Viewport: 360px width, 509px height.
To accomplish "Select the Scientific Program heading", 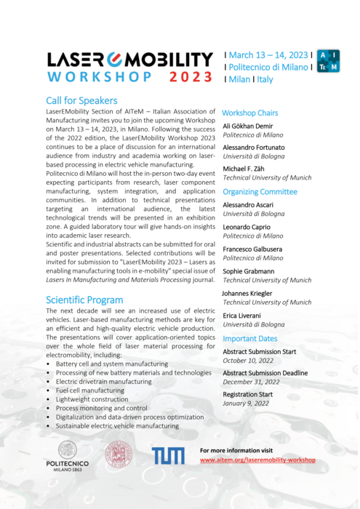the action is [85, 300].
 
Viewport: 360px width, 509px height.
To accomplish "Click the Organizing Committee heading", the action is [260, 192].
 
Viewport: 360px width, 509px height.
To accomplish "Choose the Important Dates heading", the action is [249, 339].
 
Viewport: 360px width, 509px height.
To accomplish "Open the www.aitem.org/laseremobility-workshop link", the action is [258, 460].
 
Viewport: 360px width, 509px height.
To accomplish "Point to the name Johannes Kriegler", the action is [252, 293].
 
